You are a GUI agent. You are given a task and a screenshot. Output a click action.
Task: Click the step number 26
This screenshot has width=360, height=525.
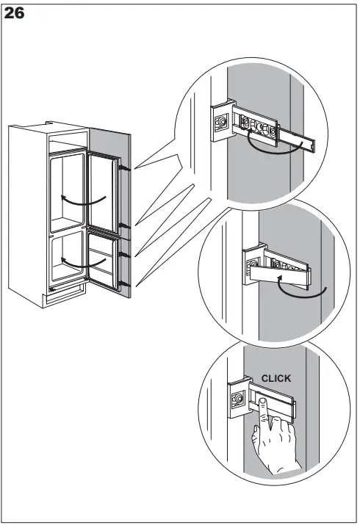15,13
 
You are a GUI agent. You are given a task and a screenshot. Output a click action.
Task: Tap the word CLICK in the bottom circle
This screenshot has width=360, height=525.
276,379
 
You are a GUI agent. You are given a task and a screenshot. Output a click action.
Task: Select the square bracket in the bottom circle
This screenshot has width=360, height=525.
238,399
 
